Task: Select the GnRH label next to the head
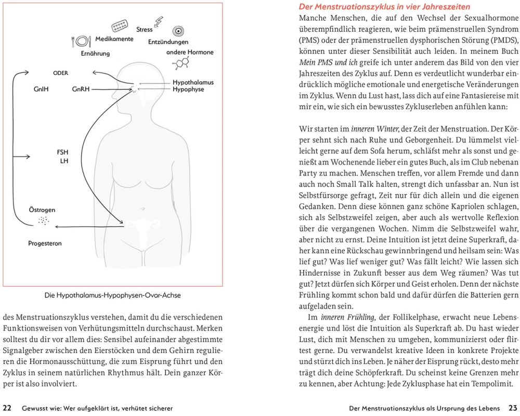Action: coord(81,89)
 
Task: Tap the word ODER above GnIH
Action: coord(61,73)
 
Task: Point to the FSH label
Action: coord(62,152)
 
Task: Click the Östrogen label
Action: coord(42,210)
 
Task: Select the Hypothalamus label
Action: coord(193,82)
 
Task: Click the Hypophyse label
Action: coord(188,89)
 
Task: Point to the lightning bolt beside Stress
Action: coord(159,22)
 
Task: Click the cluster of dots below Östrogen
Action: coord(43,221)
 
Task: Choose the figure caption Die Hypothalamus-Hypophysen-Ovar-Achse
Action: coord(112,295)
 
